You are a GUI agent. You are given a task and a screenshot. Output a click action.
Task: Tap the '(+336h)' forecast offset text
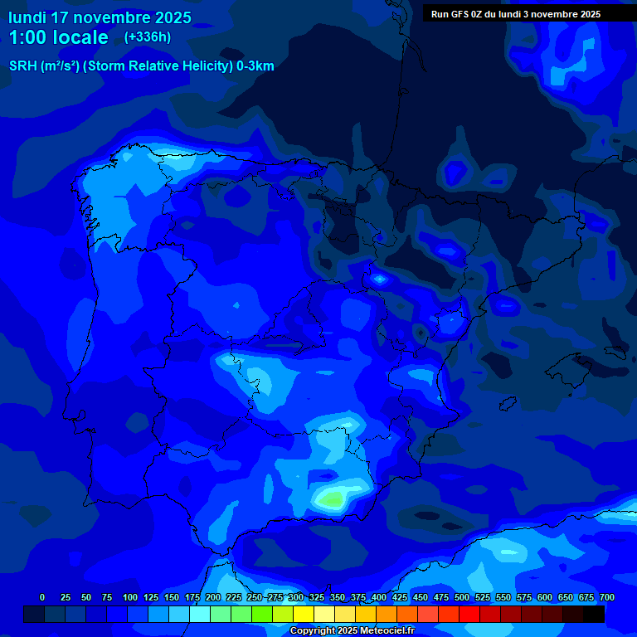(x=147, y=37)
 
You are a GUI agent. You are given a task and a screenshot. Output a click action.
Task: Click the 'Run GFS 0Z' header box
(x=515, y=13)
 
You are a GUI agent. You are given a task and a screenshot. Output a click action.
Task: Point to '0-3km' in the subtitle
(x=255, y=66)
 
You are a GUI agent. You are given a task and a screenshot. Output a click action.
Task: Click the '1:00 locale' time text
(x=59, y=37)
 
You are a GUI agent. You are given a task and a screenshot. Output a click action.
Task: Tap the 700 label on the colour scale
(x=606, y=597)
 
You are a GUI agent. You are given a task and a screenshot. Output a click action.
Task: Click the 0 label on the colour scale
(x=42, y=597)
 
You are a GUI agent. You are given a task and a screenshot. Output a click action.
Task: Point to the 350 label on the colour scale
(x=337, y=597)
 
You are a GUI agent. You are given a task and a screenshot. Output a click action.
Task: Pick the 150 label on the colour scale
(x=171, y=597)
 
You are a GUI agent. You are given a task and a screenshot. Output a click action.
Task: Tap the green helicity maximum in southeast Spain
(x=333, y=499)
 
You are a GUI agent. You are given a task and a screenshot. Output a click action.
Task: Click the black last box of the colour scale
(x=594, y=615)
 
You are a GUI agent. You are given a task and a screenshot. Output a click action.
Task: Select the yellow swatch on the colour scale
(x=304, y=615)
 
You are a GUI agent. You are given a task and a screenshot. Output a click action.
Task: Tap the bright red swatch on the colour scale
(x=469, y=615)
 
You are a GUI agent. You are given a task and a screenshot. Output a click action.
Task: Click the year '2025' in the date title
(x=172, y=17)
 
